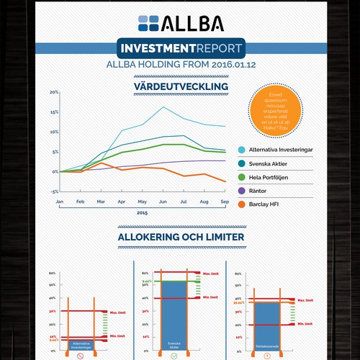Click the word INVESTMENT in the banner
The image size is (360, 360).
154,50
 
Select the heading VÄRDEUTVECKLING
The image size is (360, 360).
181,86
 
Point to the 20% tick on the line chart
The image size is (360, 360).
53,93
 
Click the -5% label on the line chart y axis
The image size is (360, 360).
53,192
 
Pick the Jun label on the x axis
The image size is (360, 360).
163,202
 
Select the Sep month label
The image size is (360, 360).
224,202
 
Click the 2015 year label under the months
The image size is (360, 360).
143,214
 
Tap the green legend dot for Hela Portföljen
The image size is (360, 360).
242,177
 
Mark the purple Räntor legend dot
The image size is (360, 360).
242,190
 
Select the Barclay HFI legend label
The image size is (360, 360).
269,204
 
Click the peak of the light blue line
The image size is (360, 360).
164,107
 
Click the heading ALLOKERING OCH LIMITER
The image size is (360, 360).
180,236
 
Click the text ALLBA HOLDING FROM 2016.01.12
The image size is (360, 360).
180,66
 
